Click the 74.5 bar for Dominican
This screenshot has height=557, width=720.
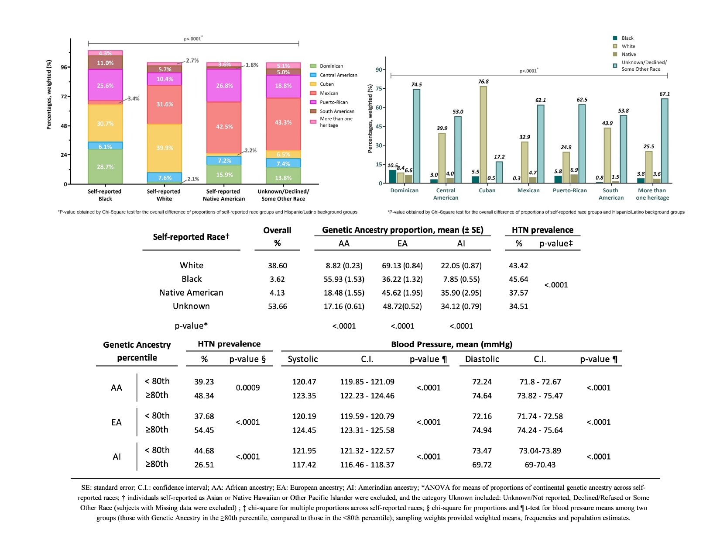point(416,136)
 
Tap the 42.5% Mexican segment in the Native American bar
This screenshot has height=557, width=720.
point(224,127)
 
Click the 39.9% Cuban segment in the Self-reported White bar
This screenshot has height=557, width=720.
point(165,148)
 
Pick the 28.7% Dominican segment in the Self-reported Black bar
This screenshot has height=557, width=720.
point(105,166)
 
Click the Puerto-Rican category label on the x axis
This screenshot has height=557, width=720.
point(569,190)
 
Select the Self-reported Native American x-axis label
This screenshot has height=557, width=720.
point(223,195)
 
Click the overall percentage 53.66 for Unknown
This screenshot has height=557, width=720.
point(277,306)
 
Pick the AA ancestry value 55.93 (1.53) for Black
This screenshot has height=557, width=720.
point(344,279)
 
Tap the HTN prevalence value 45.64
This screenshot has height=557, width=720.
point(518,279)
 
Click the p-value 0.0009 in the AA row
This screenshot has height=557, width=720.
point(247,388)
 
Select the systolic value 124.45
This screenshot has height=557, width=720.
point(304,430)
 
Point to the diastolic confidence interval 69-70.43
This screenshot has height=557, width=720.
point(540,465)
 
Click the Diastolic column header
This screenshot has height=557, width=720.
point(482,359)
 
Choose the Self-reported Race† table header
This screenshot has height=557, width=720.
point(191,237)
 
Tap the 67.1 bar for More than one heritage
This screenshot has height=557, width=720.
point(664,141)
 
